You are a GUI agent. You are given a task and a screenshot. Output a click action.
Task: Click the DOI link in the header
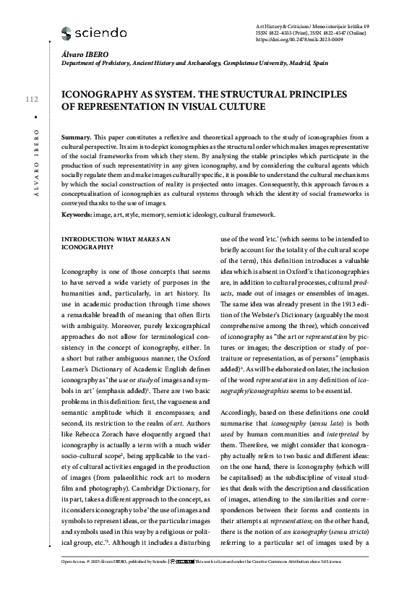point(311,40)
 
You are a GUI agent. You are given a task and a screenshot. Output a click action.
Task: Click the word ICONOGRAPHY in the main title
point(103,94)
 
